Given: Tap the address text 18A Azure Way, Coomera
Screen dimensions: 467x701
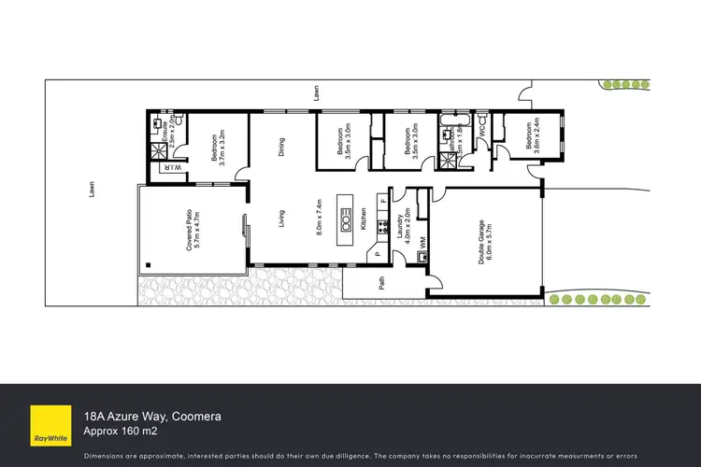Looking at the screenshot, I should pos(151,415).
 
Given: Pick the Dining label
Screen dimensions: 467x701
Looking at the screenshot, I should pos(280,147).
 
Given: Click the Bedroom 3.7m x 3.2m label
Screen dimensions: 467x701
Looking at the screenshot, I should pos(220,146).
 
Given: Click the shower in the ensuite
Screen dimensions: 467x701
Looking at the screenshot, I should pos(156,149).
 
